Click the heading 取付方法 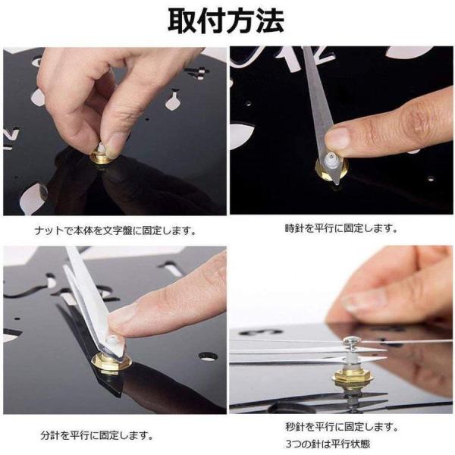coord(226,21)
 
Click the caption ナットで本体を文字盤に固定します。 coord(115,231)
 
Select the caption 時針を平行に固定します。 coord(341,228)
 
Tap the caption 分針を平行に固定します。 coord(97,435)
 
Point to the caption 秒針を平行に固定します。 coord(342,427)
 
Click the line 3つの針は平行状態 coord(328,444)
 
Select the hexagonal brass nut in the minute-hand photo coord(111,362)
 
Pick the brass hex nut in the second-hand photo coord(352,375)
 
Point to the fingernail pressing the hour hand coord(337,139)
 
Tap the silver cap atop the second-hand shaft coord(350,340)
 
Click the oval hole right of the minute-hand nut coord(208,356)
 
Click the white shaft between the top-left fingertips coord(102,147)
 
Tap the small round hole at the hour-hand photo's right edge coord(431,178)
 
